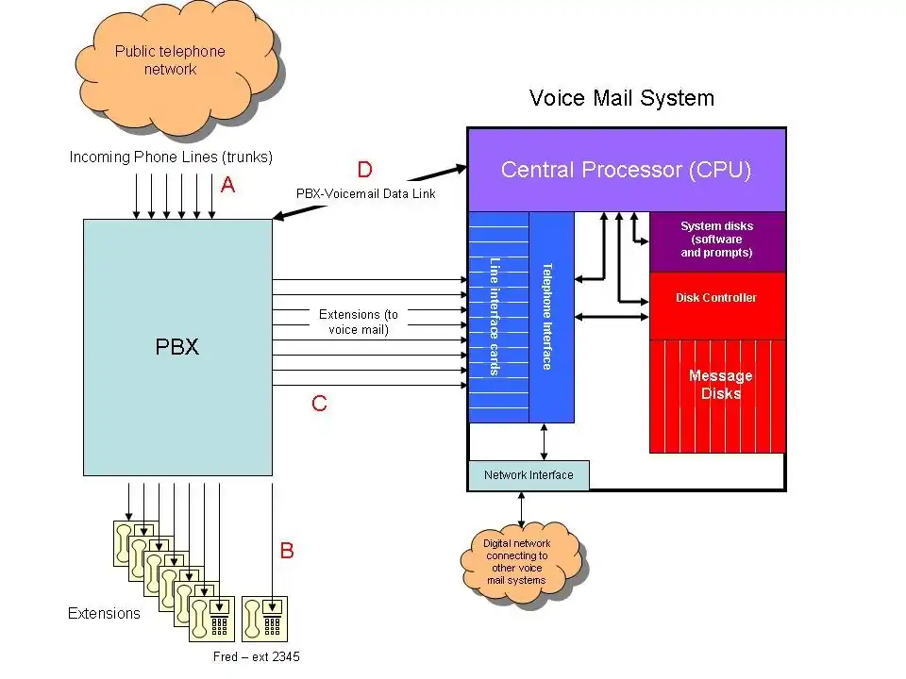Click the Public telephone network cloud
pyautogui.click(x=170, y=60)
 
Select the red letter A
pyautogui.click(x=227, y=186)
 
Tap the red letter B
pyautogui.click(x=287, y=551)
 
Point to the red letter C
pyautogui.click(x=320, y=404)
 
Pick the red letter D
pyautogui.click(x=364, y=170)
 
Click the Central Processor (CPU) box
pyautogui.click(x=627, y=170)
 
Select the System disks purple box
pyautogui.click(x=717, y=240)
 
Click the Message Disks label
pyautogui.click(x=721, y=384)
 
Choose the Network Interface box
pyautogui.click(x=528, y=475)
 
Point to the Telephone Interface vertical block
pyautogui.click(x=550, y=316)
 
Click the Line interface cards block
pyautogui.click(x=497, y=316)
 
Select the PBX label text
pyautogui.click(x=177, y=346)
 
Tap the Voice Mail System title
pyautogui.click(x=622, y=98)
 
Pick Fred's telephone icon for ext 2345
pyautogui.click(x=264, y=620)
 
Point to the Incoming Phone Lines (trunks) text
pyautogui.click(x=171, y=157)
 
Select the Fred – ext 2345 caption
pyautogui.click(x=257, y=656)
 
